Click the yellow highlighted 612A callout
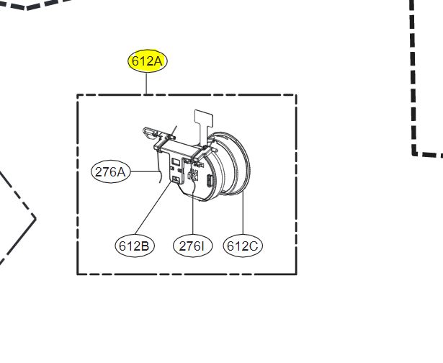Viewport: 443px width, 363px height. [147, 60]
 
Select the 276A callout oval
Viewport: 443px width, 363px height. [111, 171]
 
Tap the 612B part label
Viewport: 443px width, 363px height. [135, 246]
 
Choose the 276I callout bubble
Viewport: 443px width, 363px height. [192, 246]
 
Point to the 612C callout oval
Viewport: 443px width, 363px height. [243, 246]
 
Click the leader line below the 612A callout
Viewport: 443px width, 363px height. [146, 84]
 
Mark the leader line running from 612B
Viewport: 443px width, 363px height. [153, 208]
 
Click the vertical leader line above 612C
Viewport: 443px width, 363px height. [243, 213]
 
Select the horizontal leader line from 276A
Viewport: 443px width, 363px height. [145, 171]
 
